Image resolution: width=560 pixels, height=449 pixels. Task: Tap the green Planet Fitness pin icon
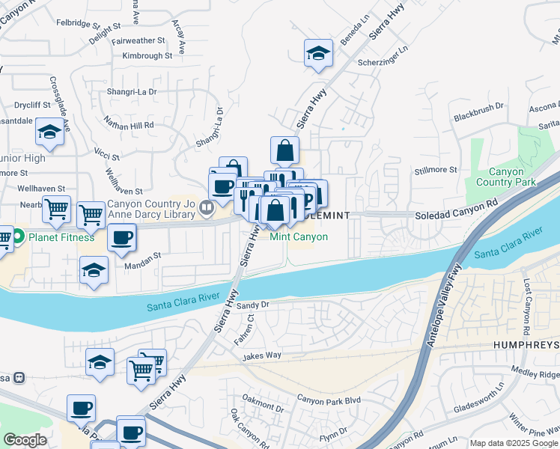[x=19, y=237]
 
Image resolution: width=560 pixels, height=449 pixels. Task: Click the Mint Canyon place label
[x=299, y=236]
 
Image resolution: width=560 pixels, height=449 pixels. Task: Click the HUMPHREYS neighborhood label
[x=526, y=345]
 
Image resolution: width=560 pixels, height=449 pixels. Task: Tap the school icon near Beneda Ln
[x=318, y=53]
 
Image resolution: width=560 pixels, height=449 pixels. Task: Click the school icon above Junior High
[x=49, y=133]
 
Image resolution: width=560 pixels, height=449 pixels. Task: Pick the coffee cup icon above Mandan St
[x=121, y=239]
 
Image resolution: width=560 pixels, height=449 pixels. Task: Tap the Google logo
[x=25, y=440]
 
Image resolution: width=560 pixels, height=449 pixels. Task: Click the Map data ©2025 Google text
[x=514, y=443]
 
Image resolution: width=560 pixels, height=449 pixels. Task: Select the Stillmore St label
[x=436, y=171]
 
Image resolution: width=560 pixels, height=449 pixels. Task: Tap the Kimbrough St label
[x=147, y=55]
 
